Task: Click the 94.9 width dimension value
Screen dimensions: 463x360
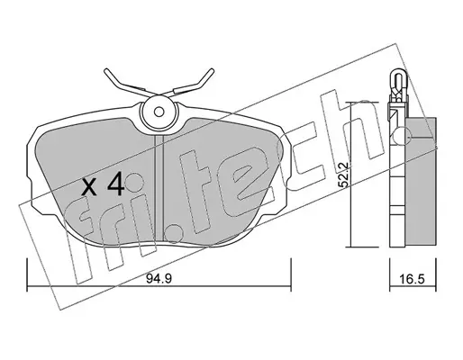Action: click(x=159, y=279)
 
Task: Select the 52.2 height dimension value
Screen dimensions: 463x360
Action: click(x=343, y=175)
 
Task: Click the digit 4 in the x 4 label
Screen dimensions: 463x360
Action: click(x=115, y=184)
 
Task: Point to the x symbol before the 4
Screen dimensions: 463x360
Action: click(x=89, y=186)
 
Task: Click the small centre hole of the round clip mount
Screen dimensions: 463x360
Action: click(x=159, y=112)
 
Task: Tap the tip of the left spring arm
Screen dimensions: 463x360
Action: click(x=106, y=71)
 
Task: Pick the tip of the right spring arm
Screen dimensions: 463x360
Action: click(x=213, y=70)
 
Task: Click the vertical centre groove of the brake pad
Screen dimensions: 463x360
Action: click(x=159, y=187)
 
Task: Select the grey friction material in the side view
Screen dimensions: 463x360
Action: click(x=421, y=182)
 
